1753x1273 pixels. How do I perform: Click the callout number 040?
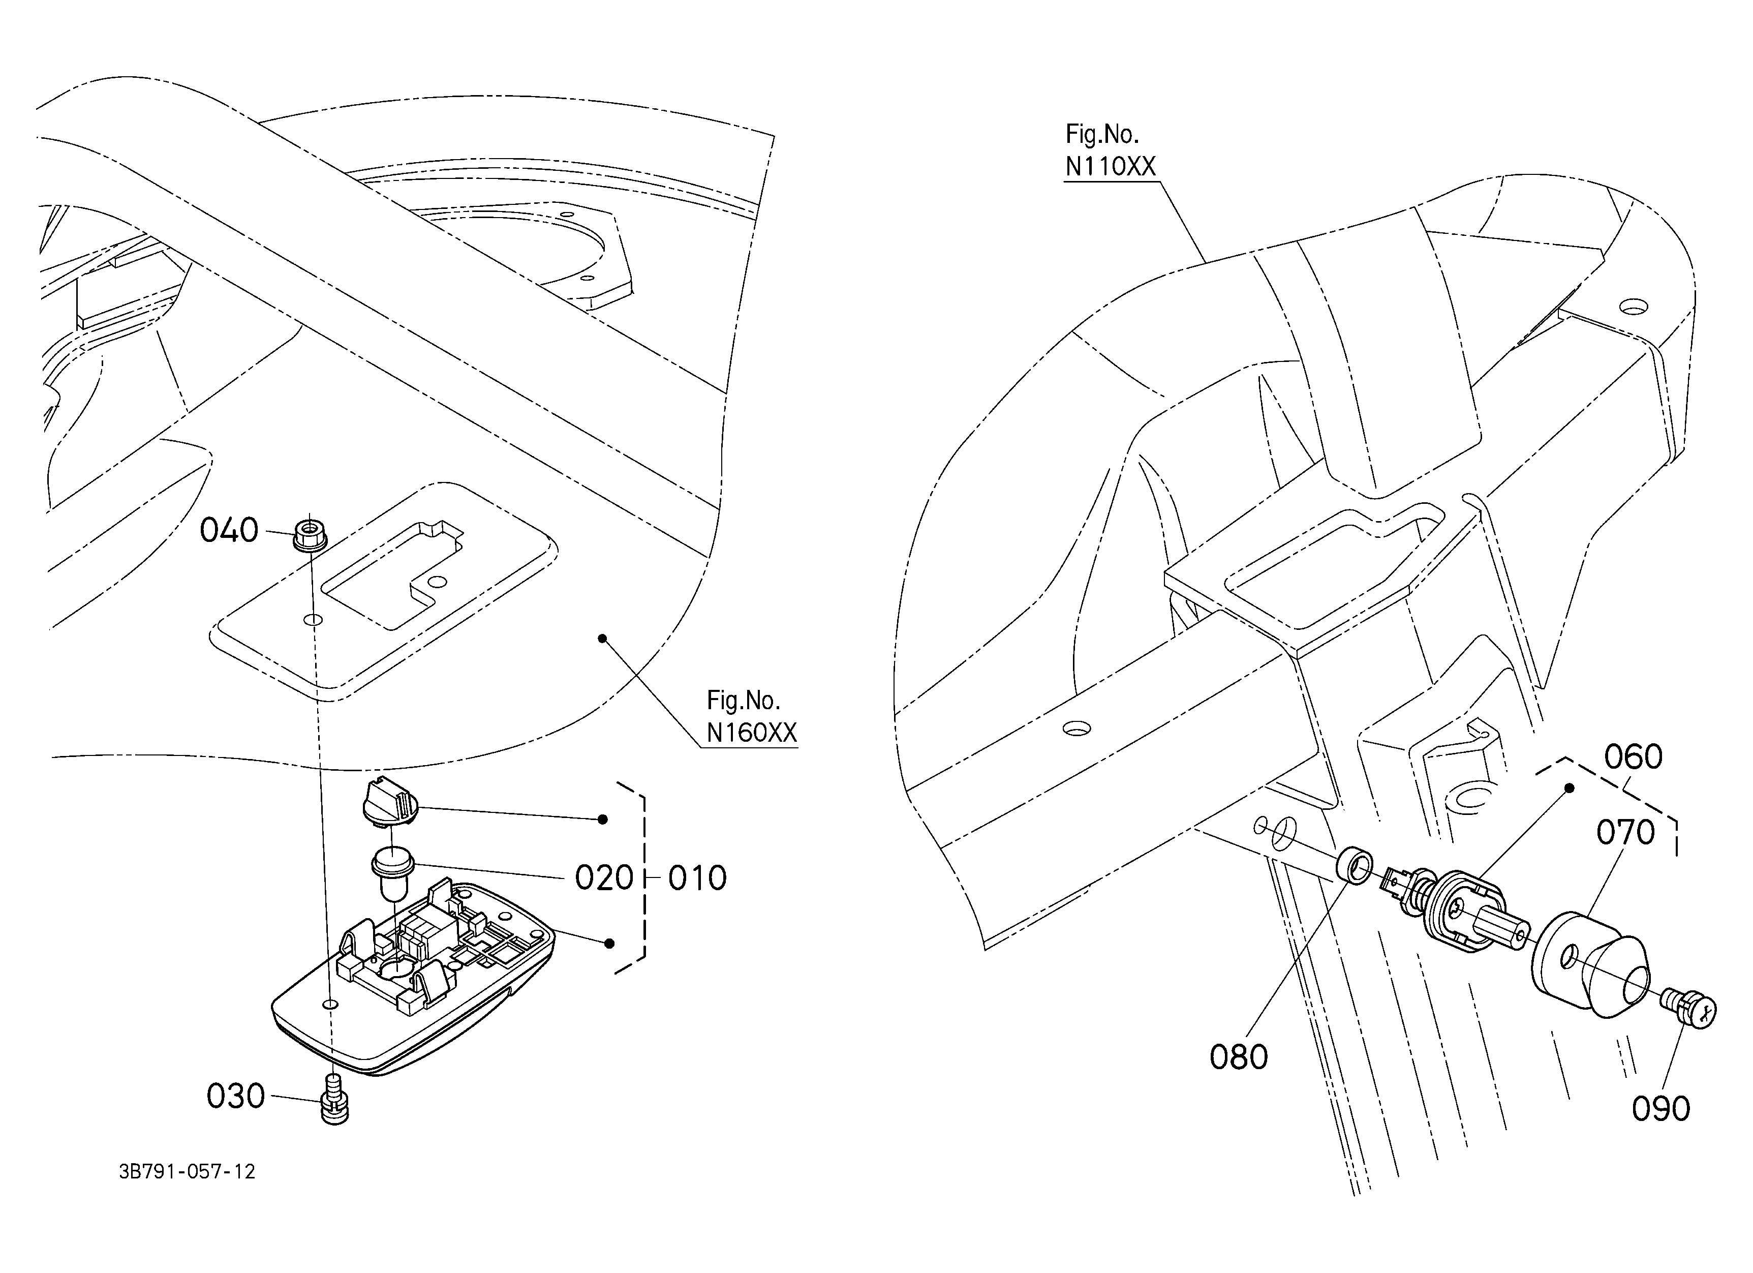coord(229,531)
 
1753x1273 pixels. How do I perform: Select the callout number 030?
coord(236,1097)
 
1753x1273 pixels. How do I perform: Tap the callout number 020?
coord(604,878)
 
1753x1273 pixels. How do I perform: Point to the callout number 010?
coord(697,878)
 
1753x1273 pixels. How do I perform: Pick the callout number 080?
coord(1239,1057)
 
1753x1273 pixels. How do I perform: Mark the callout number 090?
coord(1661,1109)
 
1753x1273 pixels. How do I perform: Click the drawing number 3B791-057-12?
coord(187,1172)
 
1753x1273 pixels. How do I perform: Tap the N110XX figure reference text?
coord(1111,166)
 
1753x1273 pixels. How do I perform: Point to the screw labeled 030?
coord(334,1098)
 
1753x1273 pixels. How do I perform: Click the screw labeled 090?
coord(1689,1008)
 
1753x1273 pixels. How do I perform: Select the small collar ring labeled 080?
coord(1355,864)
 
